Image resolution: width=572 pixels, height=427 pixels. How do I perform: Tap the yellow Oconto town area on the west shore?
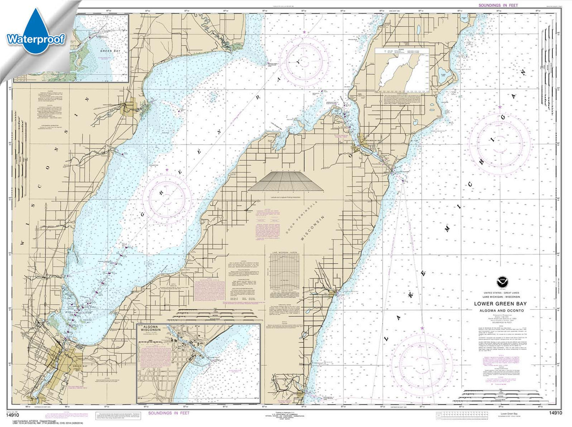[129, 108]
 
